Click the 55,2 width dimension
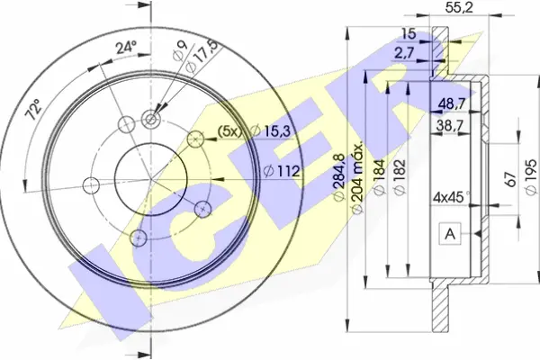click(459, 8)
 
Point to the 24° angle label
click(126, 47)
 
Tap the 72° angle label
click(35, 109)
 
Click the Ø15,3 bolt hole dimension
click(271, 130)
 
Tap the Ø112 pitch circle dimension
click(282, 171)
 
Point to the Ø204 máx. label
click(356, 176)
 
